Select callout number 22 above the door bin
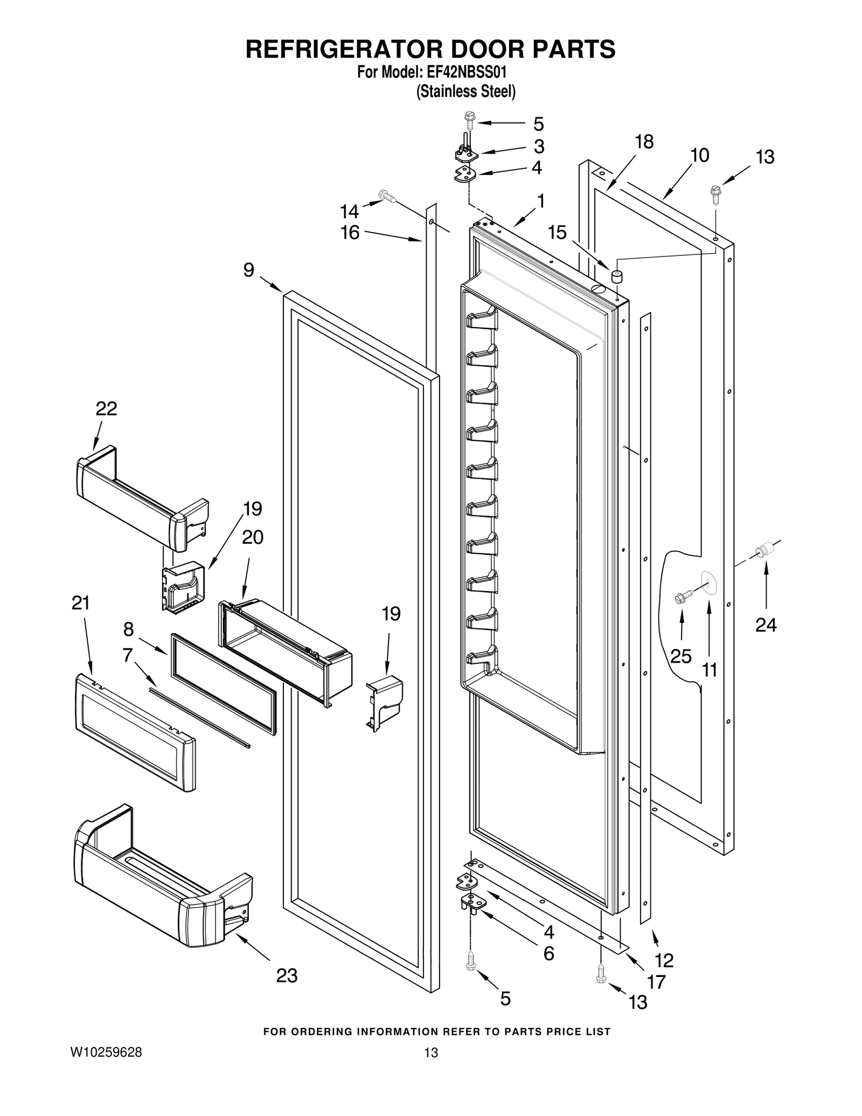[x=106, y=408]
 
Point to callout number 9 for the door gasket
[x=248, y=270]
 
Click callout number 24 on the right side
[x=766, y=625]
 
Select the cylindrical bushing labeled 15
[x=616, y=277]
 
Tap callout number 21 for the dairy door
[x=81, y=603]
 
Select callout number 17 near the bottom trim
[x=656, y=982]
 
